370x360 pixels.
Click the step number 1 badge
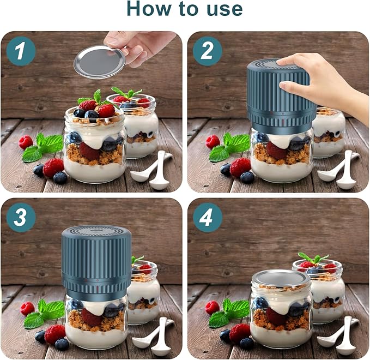point(21,52)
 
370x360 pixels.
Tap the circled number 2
point(208,52)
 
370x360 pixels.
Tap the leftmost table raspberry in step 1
point(26,142)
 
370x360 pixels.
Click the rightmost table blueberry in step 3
point(62,344)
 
